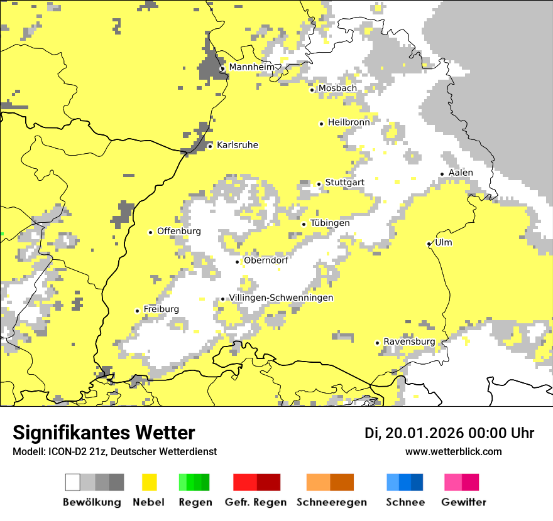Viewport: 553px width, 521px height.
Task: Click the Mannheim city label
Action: [x=251, y=67]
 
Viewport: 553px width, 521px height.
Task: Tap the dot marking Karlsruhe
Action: [x=211, y=146]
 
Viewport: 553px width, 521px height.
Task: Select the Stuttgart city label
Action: [x=344, y=183]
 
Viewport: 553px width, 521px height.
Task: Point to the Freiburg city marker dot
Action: [x=137, y=311]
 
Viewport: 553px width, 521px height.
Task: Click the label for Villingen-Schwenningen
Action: [x=281, y=298]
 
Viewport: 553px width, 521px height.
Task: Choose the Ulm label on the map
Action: [x=443, y=243]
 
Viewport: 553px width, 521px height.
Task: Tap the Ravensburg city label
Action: [x=409, y=341]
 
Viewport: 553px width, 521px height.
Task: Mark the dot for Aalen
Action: [x=442, y=174]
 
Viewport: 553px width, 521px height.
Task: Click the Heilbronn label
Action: [x=349, y=122]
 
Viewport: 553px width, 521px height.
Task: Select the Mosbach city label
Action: [x=337, y=89]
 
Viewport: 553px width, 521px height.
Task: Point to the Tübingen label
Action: [x=330, y=223]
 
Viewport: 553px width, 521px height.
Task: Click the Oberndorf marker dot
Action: [x=238, y=262]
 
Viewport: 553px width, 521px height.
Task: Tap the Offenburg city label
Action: [x=179, y=231]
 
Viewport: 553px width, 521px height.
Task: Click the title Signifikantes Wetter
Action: [x=104, y=433]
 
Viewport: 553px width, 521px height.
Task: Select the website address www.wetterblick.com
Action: [x=453, y=452]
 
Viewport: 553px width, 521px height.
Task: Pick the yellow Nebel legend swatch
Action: [x=150, y=482]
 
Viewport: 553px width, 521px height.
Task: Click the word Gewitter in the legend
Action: [x=463, y=502]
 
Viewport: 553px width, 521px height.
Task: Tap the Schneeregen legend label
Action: [x=332, y=502]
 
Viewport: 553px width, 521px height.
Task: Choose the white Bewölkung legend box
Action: [x=73, y=482]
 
